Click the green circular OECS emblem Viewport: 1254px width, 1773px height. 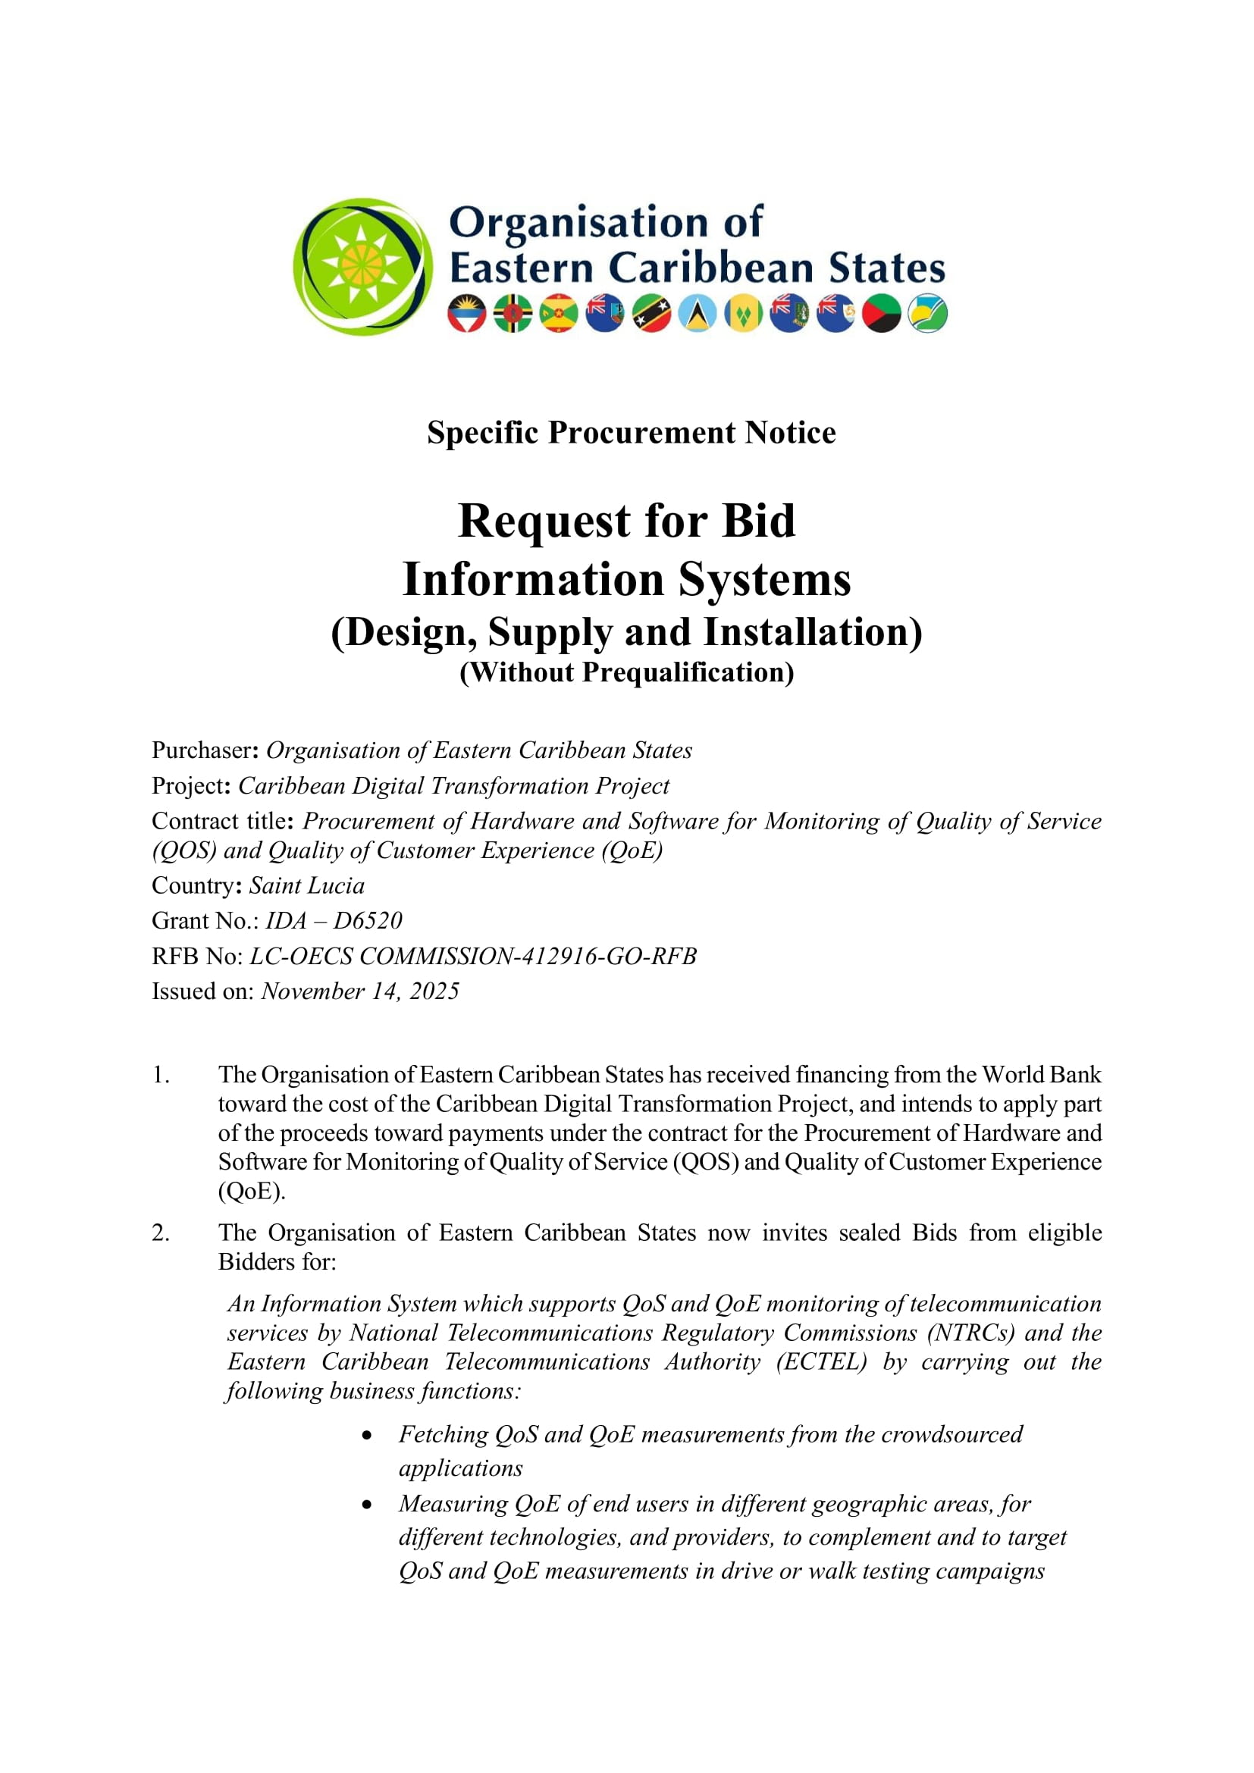coord(362,267)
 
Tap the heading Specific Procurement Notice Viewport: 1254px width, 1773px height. coord(631,432)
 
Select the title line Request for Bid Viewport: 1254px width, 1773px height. coord(626,521)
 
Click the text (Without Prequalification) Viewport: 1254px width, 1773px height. coord(626,672)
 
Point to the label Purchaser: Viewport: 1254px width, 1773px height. coord(205,750)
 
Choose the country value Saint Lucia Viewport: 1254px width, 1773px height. coord(306,885)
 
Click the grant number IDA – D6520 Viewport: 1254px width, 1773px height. coord(334,920)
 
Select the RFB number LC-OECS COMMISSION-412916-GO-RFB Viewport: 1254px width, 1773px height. coord(472,956)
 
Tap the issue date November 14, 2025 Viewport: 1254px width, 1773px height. coord(360,991)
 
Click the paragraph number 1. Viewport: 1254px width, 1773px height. coord(160,1075)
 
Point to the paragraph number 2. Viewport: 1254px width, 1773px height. coord(160,1233)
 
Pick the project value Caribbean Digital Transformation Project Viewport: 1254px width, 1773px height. coord(453,785)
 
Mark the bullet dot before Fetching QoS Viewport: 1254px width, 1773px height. coord(367,1436)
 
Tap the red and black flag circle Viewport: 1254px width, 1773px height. coord(881,314)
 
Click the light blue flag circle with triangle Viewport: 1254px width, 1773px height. coord(698,314)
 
